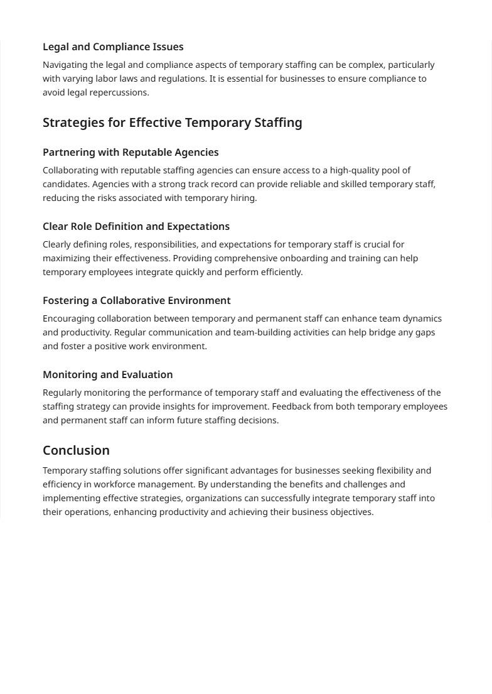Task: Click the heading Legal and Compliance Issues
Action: coord(113,47)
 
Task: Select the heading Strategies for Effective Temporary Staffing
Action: coord(172,122)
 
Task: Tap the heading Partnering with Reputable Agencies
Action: coord(131,153)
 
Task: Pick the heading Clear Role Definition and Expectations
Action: coord(136,227)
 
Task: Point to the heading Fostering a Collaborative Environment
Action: coord(137,301)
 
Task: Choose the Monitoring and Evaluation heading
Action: coord(107,375)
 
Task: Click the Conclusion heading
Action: coord(76,450)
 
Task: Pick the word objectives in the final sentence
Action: coord(350,512)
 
